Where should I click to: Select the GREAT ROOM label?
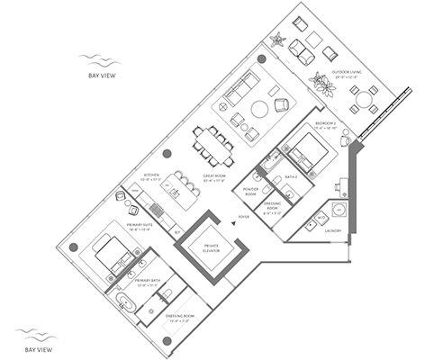[x=214, y=176]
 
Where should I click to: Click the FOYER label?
[x=240, y=217]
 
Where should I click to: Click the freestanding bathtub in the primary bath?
[x=124, y=310]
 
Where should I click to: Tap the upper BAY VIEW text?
[x=99, y=76]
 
